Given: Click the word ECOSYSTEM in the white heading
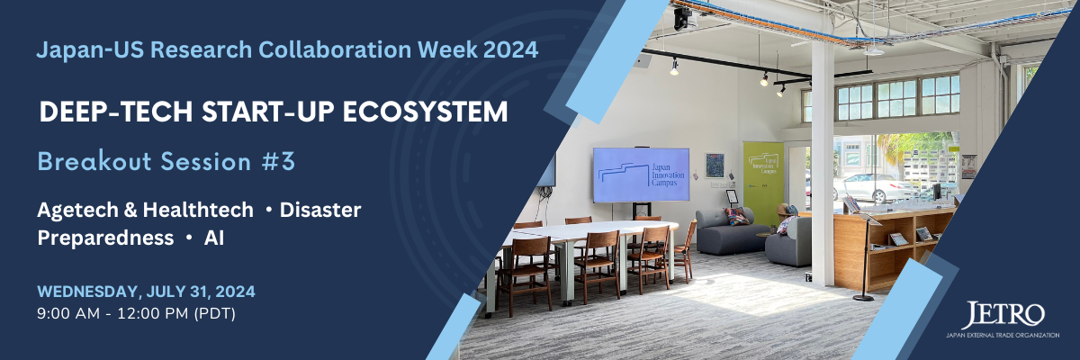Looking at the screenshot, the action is click(425, 112).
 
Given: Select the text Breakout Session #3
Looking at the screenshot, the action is click(166, 161).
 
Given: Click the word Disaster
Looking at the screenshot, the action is click(320, 210).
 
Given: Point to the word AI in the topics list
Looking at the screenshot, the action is click(214, 238).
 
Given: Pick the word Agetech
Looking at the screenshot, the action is click(77, 211).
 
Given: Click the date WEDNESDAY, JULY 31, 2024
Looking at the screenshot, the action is click(146, 292).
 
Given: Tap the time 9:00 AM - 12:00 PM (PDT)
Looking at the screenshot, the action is click(137, 314).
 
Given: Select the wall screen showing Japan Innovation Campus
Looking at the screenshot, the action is click(641, 175).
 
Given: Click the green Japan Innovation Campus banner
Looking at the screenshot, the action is click(763, 184).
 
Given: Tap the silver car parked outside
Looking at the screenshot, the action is click(873, 187).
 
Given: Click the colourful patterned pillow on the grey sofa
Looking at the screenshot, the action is click(737, 216).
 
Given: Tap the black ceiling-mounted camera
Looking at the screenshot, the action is click(685, 18).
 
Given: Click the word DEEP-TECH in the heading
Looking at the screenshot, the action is click(116, 112).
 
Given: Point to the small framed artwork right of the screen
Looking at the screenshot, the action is click(715, 166).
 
